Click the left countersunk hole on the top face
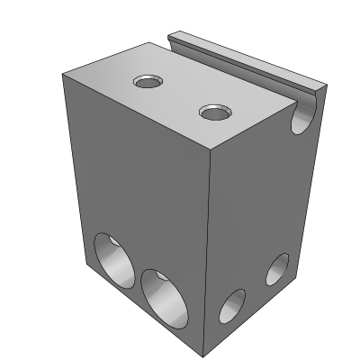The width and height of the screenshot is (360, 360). pos(147,83)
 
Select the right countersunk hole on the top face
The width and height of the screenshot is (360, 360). pos(214,113)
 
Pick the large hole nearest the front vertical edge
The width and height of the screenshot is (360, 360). pos(164,296)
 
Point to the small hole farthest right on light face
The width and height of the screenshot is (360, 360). pos(277,269)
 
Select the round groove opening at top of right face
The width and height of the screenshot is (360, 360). pos(303,116)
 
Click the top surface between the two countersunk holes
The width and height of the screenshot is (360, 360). pos(180,97)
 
